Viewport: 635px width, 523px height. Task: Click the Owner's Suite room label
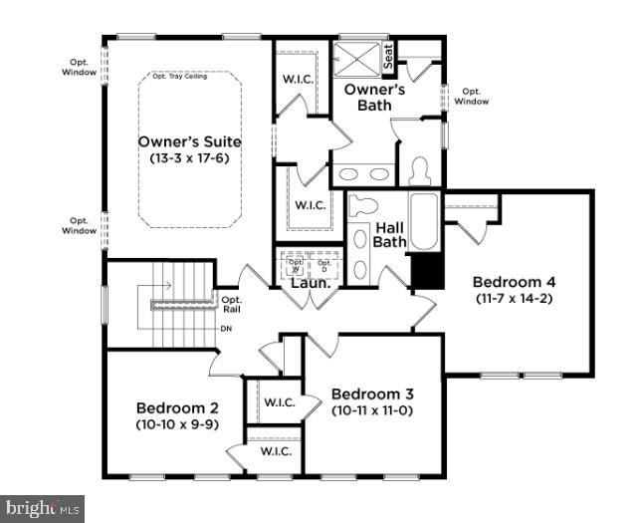tap(189, 141)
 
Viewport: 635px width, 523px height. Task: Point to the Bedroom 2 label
tap(177, 407)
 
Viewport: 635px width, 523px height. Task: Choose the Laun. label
tap(310, 283)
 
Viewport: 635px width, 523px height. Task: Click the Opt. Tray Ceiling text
tap(179, 77)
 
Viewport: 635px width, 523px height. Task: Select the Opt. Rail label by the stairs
tap(231, 304)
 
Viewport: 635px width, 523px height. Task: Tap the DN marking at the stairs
tap(226, 328)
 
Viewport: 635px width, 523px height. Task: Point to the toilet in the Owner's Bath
tap(419, 171)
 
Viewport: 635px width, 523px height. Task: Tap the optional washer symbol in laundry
tap(295, 266)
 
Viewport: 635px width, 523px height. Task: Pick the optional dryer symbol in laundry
tap(323, 266)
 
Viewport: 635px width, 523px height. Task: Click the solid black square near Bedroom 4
tap(426, 271)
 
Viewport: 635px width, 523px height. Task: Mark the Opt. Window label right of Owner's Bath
tap(473, 96)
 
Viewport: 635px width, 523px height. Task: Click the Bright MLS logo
tap(42, 509)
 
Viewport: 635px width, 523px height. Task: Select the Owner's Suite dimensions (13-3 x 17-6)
tap(189, 158)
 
